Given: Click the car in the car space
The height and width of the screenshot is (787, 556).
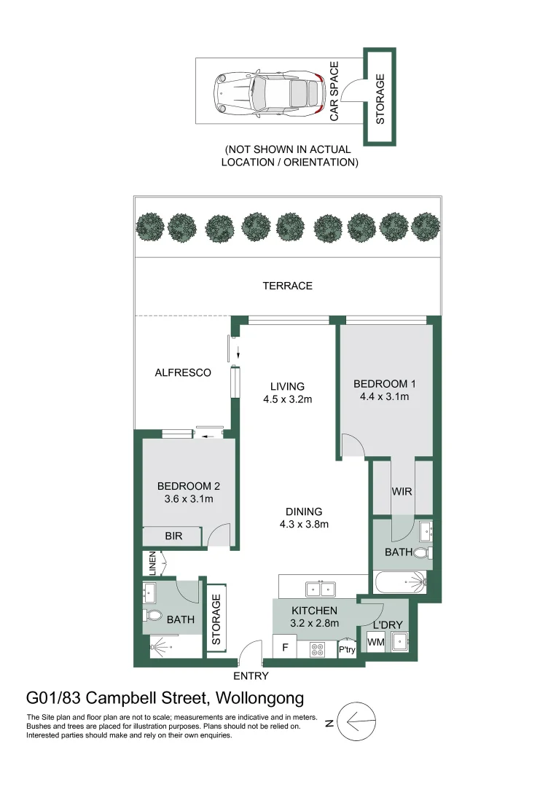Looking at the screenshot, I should pyautogui.click(x=267, y=95).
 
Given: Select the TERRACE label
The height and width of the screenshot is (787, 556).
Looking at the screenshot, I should pyautogui.click(x=287, y=286).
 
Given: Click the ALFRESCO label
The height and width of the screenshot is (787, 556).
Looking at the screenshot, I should pyautogui.click(x=183, y=372).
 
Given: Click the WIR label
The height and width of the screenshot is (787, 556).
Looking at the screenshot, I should pyautogui.click(x=402, y=492).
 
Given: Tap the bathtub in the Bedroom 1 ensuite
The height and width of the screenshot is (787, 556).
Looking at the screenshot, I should pyautogui.click(x=400, y=582).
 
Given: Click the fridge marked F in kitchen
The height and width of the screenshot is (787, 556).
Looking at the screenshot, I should pyautogui.click(x=285, y=646).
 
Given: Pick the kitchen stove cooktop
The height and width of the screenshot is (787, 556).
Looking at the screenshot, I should pyautogui.click(x=318, y=647).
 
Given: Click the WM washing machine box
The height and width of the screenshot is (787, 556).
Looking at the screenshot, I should pyautogui.click(x=376, y=642).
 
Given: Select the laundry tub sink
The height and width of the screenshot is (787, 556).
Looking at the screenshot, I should pyautogui.click(x=400, y=641).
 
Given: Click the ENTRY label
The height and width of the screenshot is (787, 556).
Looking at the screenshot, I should pyautogui.click(x=251, y=676).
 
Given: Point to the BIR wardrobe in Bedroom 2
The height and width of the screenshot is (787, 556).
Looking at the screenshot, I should pyautogui.click(x=173, y=536).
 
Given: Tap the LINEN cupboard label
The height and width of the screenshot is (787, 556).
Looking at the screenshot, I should pyautogui.click(x=152, y=563).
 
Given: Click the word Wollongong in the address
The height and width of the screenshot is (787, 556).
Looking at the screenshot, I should pyautogui.click(x=259, y=699).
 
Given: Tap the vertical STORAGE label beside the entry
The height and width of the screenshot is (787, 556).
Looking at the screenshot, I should pyautogui.click(x=216, y=619).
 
